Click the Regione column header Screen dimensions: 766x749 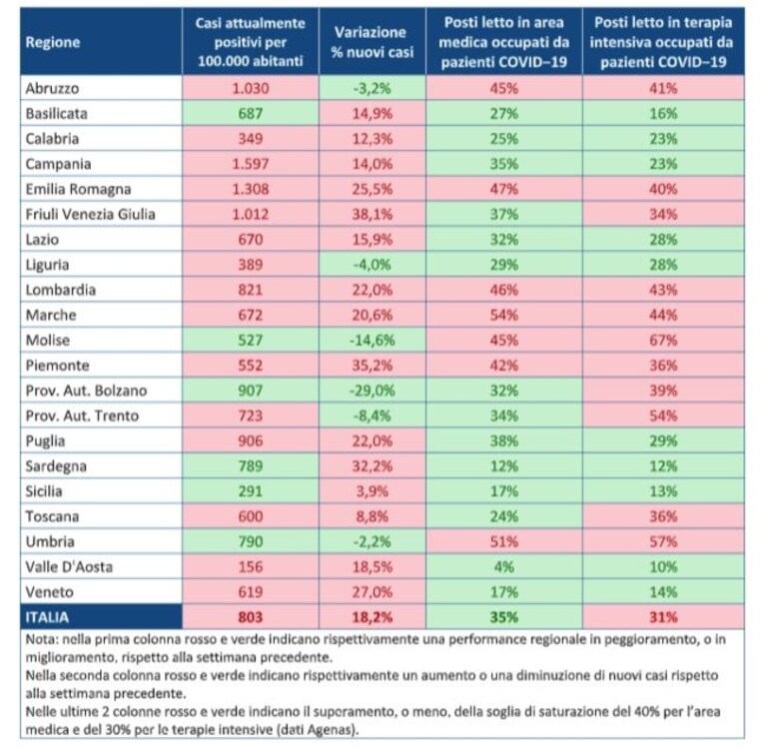pyautogui.click(x=53, y=42)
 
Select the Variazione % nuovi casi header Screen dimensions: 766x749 pyautogui.click(x=372, y=42)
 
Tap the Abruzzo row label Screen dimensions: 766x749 pyautogui.click(x=52, y=89)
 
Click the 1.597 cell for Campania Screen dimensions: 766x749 pyautogui.click(x=250, y=164)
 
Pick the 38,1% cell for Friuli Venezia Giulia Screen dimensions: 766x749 pyautogui.click(x=373, y=214)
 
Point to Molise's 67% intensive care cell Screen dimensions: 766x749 pyautogui.click(x=663, y=341)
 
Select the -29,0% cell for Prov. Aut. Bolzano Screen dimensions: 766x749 pyautogui.click(x=373, y=390)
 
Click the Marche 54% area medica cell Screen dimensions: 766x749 pyautogui.click(x=503, y=315)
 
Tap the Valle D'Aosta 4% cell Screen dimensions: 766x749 pyautogui.click(x=503, y=567)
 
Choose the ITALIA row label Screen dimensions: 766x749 pyautogui.click(x=47, y=617)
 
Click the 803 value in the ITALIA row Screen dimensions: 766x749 pyautogui.click(x=250, y=617)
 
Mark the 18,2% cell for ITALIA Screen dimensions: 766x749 pyautogui.click(x=373, y=617)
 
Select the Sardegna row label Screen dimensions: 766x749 pyautogui.click(x=56, y=466)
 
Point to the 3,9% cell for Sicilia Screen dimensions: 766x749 pyautogui.click(x=373, y=491)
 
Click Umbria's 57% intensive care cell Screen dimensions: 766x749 pyautogui.click(x=663, y=541)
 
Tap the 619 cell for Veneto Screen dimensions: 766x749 pyautogui.click(x=250, y=592)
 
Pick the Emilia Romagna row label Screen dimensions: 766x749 pyautogui.click(x=78, y=190)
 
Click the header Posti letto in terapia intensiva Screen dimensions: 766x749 pyautogui.click(x=663, y=42)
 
